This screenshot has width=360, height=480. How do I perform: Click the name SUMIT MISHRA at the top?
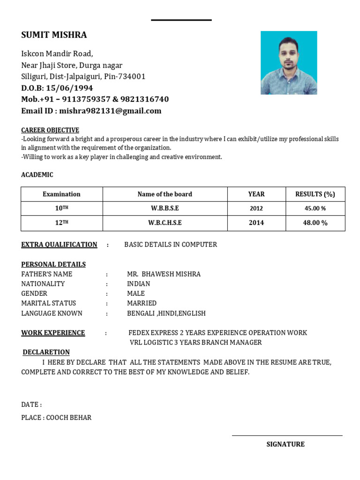tap(54, 35)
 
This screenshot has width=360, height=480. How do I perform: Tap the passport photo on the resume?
tap(289, 63)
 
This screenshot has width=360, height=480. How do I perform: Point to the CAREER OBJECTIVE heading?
tap(50, 130)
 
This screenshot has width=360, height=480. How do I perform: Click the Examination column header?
tap(61, 194)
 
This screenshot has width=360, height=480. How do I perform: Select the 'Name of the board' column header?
tap(165, 194)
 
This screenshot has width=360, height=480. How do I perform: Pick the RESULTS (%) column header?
tap(315, 194)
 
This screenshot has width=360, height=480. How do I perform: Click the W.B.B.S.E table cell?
tap(165, 208)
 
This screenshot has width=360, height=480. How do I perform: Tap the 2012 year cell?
tap(256, 208)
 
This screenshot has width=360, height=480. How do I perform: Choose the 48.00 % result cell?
tap(315, 223)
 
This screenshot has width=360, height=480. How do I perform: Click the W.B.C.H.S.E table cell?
tap(165, 223)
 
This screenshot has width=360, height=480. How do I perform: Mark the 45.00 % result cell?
tap(315, 208)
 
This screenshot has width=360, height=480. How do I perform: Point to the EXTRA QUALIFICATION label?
tap(59, 244)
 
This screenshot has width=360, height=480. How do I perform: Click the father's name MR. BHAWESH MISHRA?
tap(164, 274)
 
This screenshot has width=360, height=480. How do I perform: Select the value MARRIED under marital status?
tap(142, 303)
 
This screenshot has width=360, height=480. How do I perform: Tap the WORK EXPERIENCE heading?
tap(53, 333)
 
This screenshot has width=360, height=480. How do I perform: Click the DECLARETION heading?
tap(46, 352)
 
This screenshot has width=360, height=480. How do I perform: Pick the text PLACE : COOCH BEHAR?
tap(56, 417)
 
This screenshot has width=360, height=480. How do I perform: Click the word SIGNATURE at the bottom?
tap(285, 444)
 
